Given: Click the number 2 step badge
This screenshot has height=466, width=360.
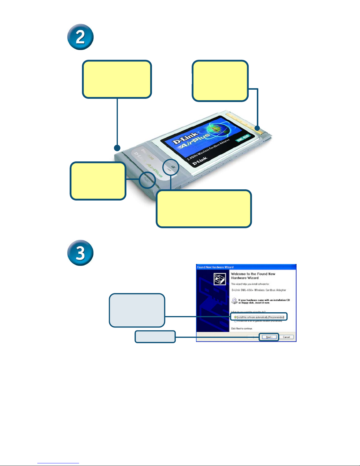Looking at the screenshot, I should (80, 37).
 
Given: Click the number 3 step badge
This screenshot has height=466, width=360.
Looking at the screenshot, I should (80, 253).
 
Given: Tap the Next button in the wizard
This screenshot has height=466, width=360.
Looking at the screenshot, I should (269, 337).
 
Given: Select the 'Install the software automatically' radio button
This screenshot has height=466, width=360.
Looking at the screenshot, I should (235, 317).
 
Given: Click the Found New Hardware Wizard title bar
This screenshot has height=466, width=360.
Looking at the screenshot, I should (246, 267).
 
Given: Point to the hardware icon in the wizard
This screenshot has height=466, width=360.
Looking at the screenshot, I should (219, 279).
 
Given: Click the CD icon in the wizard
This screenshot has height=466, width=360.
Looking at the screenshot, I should (234, 301).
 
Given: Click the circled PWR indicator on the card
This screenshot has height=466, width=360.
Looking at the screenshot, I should (147, 180).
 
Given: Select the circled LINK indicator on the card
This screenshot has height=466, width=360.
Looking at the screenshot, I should (171, 167).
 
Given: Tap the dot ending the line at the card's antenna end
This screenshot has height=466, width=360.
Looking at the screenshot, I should (117, 147).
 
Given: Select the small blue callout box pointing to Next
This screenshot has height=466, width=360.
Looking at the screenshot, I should (155, 337).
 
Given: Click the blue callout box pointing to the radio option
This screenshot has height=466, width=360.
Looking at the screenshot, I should (137, 310).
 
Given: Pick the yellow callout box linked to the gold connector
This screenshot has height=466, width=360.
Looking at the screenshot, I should (220, 81).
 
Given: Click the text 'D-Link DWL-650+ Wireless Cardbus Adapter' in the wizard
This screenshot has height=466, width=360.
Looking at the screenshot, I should (259, 290).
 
